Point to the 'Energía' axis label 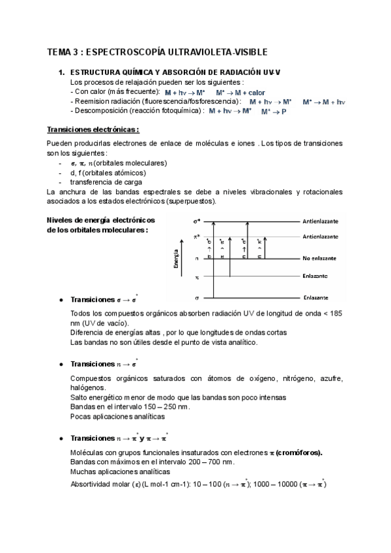pyautogui.click(x=176, y=258)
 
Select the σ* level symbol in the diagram pyautogui.click(x=198, y=222)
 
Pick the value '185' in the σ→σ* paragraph pyautogui.click(x=336, y=314)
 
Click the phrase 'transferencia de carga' pyautogui.click(x=106, y=183)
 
